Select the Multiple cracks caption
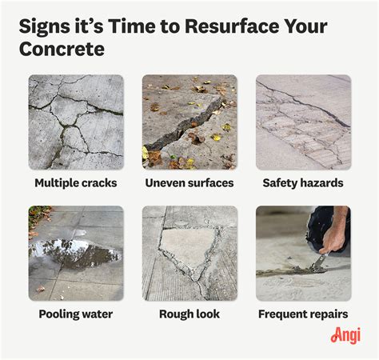(76, 183)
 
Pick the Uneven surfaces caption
(189, 183)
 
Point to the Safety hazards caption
(302, 183)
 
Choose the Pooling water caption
(76, 314)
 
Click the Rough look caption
(189, 314)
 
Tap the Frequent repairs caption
(302, 314)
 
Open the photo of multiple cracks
(76, 122)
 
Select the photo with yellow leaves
(189, 122)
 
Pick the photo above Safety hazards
(302, 122)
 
